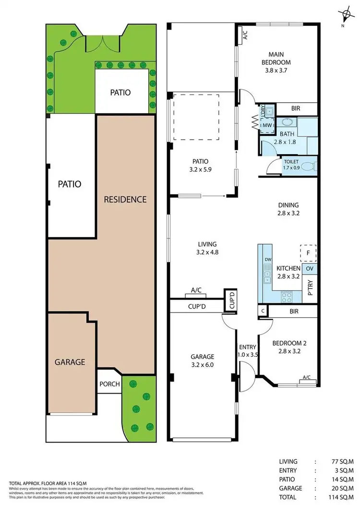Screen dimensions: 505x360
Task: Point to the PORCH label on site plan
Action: click(x=109, y=384)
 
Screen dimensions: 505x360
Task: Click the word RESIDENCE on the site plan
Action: click(x=125, y=199)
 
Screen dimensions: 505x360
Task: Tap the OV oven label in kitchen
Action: click(x=310, y=268)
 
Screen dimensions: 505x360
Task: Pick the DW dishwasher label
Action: click(x=268, y=260)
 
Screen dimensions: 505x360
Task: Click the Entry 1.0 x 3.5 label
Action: click(x=248, y=351)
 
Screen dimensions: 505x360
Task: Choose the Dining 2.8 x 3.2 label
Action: click(x=288, y=209)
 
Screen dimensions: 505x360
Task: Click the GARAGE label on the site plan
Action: click(x=69, y=361)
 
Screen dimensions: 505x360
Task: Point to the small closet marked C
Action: click(x=263, y=311)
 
